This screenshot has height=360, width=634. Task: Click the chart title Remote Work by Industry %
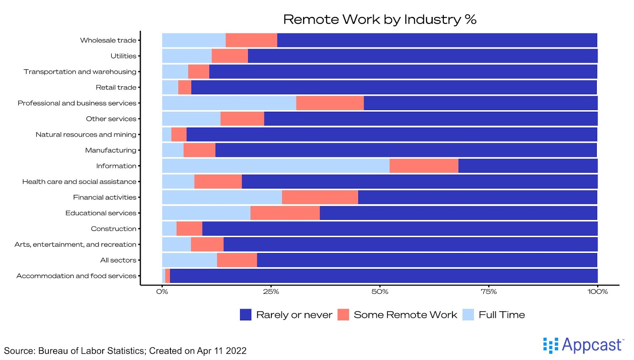[380, 19]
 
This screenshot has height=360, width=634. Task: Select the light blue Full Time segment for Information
[275, 166]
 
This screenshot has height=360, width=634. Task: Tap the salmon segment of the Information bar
[424, 166]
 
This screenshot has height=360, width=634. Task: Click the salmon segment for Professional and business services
[330, 103]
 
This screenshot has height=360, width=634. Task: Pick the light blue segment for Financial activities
[222, 197]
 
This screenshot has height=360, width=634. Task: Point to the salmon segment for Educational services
[285, 213]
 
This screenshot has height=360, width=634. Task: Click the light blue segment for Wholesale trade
[194, 40]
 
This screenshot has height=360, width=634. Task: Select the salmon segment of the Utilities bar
[229, 56]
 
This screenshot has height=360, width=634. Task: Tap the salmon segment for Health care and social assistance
[218, 181]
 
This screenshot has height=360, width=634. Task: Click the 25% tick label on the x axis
[271, 292]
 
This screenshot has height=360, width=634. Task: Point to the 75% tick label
[489, 292]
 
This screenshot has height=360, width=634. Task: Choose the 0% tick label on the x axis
[162, 292]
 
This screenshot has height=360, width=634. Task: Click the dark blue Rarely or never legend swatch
[246, 315]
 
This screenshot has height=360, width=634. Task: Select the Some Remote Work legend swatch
[343, 315]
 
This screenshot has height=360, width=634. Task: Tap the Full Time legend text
[502, 315]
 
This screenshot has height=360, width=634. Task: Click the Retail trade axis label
[116, 88]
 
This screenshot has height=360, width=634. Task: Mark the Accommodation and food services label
[76, 276]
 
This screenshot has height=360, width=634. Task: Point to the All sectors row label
[118, 260]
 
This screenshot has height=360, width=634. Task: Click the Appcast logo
[583, 345]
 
